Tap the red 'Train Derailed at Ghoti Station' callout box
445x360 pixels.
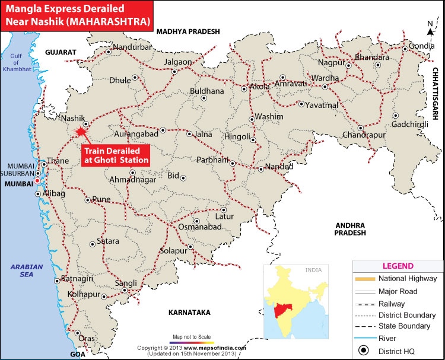pyautogui.click(x=115, y=155)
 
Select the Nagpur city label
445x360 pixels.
pyautogui.click(x=331, y=62)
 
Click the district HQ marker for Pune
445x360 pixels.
pyautogui.click(x=87, y=200)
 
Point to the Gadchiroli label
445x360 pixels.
pyautogui.click(x=409, y=124)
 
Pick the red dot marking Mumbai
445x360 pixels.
pyautogui.click(x=37, y=180)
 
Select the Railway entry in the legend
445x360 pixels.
pyautogui.click(x=392, y=303)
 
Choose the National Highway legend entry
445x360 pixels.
pyautogui.click(x=392, y=279)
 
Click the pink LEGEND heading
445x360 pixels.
pyautogui.click(x=398, y=266)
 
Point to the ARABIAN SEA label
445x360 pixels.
pyautogui.click(x=27, y=271)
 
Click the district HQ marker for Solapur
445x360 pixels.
pyautogui.click(x=190, y=247)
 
